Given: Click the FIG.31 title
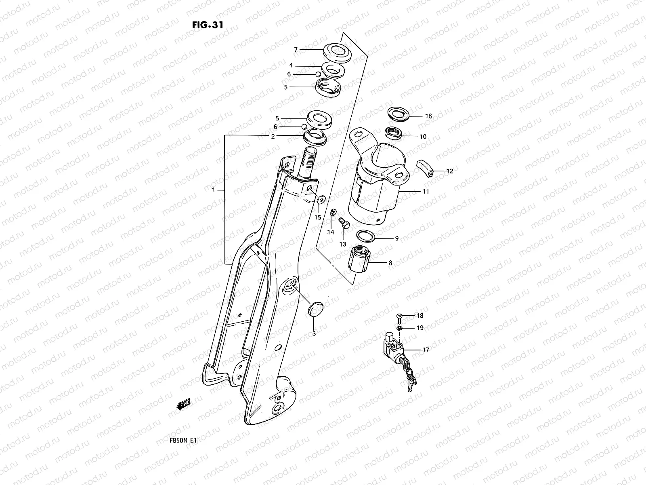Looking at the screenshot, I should (208, 24).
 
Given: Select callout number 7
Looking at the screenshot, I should (296, 49).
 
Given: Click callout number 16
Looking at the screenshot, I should (428, 116).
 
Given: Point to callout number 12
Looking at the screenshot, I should (450, 171).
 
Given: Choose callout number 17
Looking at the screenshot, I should (426, 350).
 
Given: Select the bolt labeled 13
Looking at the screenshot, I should (343, 222).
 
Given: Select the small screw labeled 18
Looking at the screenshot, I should (399, 316).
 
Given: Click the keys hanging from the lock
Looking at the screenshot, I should (411, 378).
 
